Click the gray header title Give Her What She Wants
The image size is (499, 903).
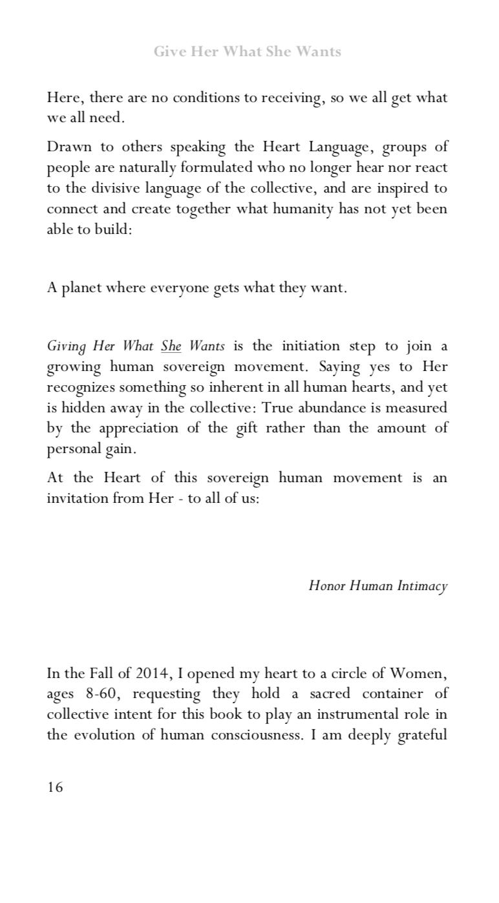(x=247, y=52)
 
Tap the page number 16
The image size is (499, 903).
(x=55, y=787)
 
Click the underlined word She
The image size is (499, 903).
(x=171, y=346)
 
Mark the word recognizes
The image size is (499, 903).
(x=80, y=387)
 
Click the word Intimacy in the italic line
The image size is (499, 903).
(x=422, y=586)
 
